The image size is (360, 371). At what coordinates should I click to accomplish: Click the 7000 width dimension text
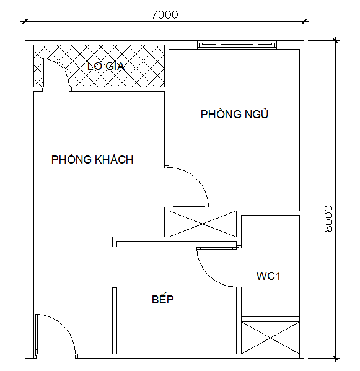click(165, 15)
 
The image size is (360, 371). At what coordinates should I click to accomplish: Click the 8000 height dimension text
click(328, 219)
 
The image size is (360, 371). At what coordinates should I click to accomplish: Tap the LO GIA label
click(106, 66)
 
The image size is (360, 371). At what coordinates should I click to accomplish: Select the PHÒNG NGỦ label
click(234, 114)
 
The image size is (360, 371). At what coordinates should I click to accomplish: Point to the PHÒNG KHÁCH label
click(92, 159)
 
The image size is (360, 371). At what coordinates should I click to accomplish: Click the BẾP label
click(162, 299)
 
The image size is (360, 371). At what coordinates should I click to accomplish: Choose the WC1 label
click(268, 276)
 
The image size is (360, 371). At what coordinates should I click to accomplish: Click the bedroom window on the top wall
click(237, 45)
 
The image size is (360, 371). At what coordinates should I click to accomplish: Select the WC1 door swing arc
click(208, 274)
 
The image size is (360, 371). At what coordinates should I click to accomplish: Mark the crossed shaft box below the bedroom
click(203, 224)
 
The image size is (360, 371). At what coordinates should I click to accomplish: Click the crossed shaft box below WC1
click(270, 338)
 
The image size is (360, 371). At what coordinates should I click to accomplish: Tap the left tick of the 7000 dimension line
click(25, 21)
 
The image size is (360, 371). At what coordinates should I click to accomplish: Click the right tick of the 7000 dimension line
click(304, 21)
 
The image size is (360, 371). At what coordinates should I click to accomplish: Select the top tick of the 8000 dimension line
click(335, 40)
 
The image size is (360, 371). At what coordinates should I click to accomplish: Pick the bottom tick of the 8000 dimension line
click(335, 358)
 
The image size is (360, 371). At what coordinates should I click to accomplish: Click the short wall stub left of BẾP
click(115, 321)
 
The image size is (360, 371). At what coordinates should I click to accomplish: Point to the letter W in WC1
click(261, 276)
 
